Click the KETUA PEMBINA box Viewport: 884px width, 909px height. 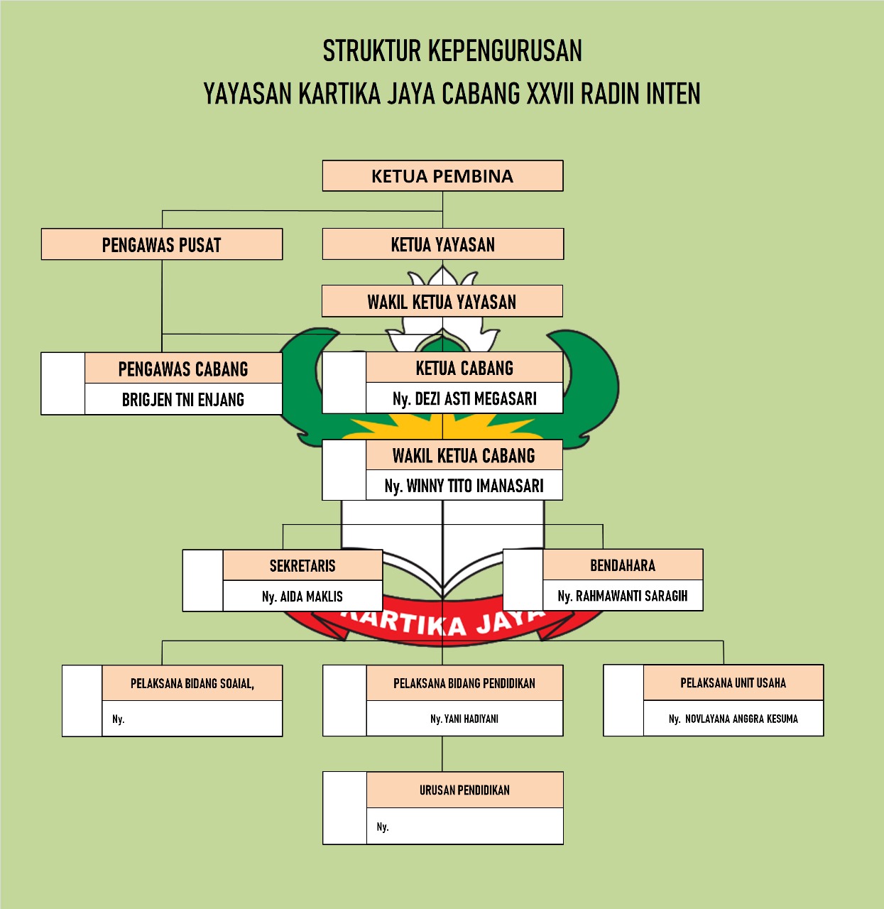(x=442, y=176)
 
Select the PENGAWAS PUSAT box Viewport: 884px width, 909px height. (x=162, y=245)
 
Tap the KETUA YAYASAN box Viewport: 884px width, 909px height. (x=442, y=245)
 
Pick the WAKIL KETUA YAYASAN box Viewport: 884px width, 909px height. (x=442, y=302)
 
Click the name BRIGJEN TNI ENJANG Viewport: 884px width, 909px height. (x=183, y=400)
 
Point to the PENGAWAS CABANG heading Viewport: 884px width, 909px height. (x=183, y=369)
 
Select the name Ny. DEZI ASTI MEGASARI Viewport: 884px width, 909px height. (x=464, y=399)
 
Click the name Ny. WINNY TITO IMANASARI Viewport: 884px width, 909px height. (x=464, y=486)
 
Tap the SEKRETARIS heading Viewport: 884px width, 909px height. (x=302, y=566)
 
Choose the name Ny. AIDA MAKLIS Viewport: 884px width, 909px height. (x=302, y=597)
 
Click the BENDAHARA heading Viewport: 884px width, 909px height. (x=623, y=565)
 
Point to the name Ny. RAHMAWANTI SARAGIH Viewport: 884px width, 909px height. (x=623, y=596)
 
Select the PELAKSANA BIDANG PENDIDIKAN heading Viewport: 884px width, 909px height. (x=464, y=683)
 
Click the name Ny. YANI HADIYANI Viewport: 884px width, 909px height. (x=464, y=719)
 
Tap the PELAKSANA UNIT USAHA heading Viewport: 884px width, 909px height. (x=733, y=683)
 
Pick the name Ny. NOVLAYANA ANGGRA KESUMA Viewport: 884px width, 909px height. (x=733, y=719)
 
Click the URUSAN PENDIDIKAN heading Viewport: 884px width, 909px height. (x=464, y=790)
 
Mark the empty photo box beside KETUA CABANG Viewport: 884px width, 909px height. (x=344, y=383)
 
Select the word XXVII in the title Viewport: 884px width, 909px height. (x=550, y=94)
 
